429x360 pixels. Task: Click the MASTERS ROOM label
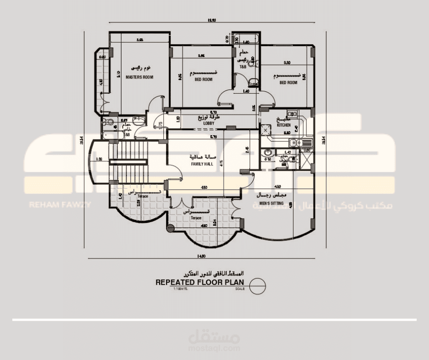(139, 77)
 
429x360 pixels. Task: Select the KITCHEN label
(283, 125)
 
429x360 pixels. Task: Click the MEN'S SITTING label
(272, 203)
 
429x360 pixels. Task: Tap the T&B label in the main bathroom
(243, 67)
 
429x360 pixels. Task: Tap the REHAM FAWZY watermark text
(59, 205)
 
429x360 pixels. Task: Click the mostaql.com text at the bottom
(214, 348)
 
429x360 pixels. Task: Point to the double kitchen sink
(304, 143)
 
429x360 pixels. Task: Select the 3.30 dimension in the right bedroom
(287, 63)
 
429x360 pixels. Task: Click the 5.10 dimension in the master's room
(118, 73)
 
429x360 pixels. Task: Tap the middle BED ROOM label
(204, 79)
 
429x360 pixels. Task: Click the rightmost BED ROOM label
(288, 83)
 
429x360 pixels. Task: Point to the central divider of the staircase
(128, 160)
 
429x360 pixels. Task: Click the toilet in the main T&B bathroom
(253, 82)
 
